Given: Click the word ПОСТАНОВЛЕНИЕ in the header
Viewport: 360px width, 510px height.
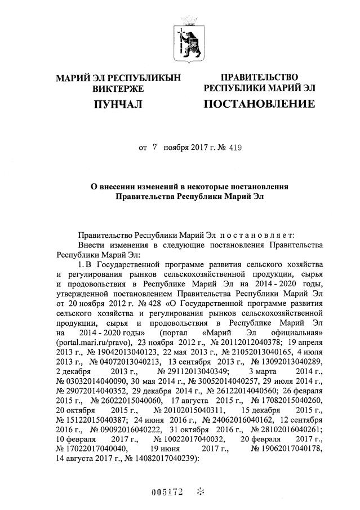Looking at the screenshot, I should coord(259,104).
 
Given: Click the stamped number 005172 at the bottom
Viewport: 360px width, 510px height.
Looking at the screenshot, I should coord(168,492).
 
